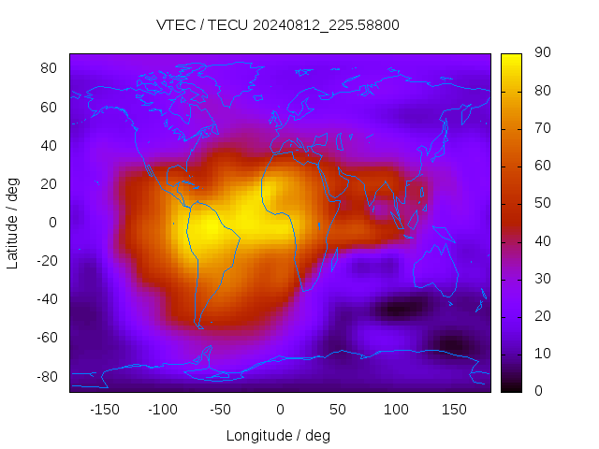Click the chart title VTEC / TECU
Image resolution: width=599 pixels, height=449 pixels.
click(278, 25)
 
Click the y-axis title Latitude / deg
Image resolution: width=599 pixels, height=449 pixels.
click(13, 222)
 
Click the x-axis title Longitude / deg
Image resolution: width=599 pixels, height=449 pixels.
click(278, 435)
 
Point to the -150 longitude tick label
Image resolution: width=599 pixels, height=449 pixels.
click(104, 409)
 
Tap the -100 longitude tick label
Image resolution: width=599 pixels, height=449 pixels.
click(162, 409)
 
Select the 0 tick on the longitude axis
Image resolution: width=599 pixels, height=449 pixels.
click(279, 409)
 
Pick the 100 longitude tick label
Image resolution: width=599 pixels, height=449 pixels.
click(396, 409)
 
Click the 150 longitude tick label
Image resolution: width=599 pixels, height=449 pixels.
click(454, 409)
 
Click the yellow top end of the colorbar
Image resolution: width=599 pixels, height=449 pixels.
click(511, 58)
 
